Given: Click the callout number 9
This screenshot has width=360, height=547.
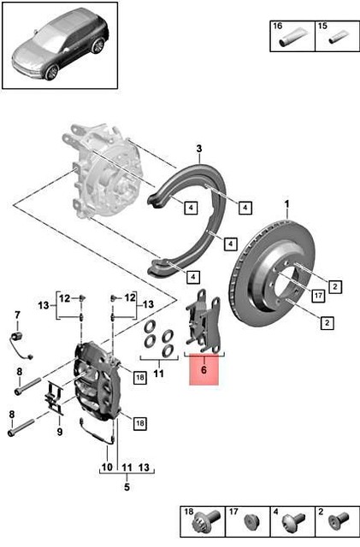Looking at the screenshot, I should click(x=59, y=432).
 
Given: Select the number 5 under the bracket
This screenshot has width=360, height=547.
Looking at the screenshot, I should click(x=126, y=488).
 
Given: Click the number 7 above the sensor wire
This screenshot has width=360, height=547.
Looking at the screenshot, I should click(x=15, y=317).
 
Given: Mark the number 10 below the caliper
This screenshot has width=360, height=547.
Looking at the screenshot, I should click(x=106, y=468).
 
